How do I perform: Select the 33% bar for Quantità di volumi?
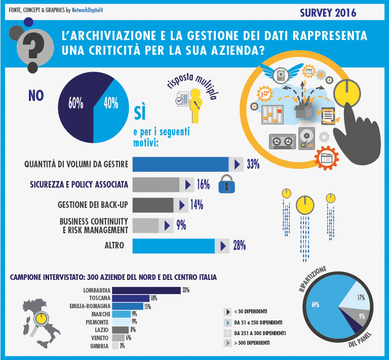point(180,164)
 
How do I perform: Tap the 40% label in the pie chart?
point(110,103)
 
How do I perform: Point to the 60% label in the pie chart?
point(75,103)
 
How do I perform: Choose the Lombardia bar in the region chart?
point(146,290)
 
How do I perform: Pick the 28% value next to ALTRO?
point(239,246)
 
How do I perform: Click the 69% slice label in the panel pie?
point(315,305)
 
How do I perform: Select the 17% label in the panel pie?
point(361,298)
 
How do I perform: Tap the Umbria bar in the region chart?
point(115,346)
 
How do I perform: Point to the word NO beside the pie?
point(36,96)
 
